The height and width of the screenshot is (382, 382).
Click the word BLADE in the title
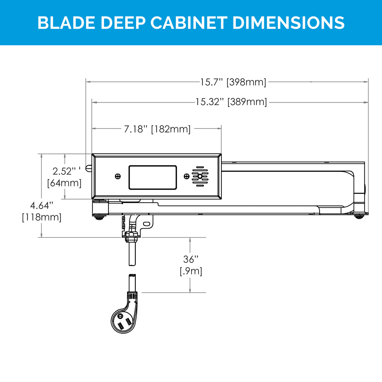[x=66, y=23]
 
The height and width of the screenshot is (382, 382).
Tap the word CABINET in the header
[x=188, y=23]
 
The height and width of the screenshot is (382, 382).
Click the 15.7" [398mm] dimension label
[x=233, y=82]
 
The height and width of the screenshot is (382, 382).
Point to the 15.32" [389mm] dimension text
[x=231, y=102]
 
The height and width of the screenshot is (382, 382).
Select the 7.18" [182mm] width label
[x=157, y=129]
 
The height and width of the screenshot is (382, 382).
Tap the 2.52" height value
[x=63, y=171]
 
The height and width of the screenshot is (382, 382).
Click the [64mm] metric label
[x=64, y=183]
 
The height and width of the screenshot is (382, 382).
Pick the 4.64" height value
[x=42, y=206]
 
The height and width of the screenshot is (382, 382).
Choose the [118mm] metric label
[x=42, y=217]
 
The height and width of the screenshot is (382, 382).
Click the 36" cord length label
[x=190, y=259]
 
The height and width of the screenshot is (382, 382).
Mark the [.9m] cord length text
[x=191, y=271]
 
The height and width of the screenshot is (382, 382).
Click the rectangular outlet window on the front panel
[x=153, y=177]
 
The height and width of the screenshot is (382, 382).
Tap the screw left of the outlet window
[x=118, y=176]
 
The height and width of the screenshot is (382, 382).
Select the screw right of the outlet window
[x=187, y=176]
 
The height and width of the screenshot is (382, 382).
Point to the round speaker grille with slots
[x=200, y=176]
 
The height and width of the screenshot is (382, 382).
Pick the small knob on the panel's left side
[x=88, y=168]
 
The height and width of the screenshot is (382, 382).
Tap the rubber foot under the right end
[x=359, y=217]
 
